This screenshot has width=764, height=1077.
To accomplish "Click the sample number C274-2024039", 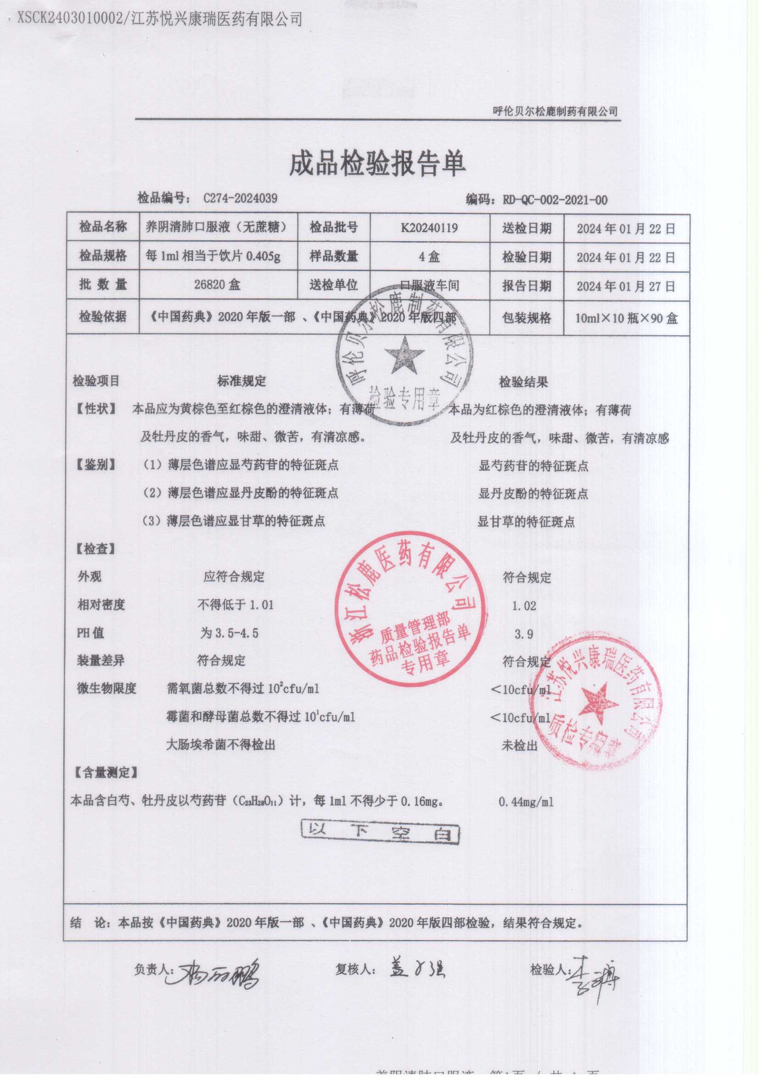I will (240, 198).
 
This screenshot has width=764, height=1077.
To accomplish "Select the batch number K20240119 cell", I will (429, 228).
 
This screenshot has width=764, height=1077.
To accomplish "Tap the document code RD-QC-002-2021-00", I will (555, 200).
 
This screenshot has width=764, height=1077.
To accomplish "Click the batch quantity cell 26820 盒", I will (217, 285).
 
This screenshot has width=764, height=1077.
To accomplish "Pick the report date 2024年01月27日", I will (626, 286).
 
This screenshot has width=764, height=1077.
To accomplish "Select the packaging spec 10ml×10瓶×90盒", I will (626, 318).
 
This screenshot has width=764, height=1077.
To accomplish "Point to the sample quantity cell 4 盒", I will (429, 256).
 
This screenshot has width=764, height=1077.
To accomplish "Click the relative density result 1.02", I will (524, 606).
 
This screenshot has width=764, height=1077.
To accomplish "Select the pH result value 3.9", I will (523, 634).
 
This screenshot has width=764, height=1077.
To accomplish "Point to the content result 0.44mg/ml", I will (526, 802).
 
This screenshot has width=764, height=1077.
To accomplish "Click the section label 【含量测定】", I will (106, 772).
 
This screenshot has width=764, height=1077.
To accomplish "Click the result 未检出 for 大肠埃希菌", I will (519, 745).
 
